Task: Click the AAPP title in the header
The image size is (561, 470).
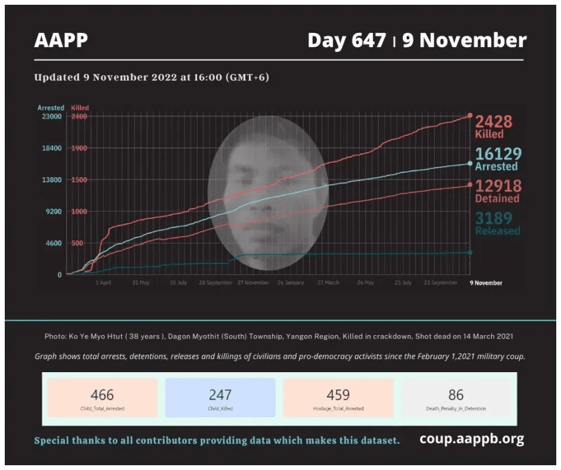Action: tap(61, 40)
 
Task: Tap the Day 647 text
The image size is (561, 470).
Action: tap(346, 40)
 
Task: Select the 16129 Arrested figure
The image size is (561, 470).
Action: tap(498, 159)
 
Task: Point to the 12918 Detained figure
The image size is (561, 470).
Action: tap(498, 191)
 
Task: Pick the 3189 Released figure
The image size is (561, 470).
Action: tap(498, 223)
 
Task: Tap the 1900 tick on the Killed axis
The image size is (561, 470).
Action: tap(79, 148)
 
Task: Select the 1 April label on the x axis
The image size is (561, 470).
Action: tap(104, 283)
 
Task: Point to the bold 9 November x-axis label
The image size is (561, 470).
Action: tap(486, 283)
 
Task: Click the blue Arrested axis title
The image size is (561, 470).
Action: tap(51, 107)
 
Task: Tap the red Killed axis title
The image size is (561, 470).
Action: tap(80, 107)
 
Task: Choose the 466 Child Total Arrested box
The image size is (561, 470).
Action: tap(103, 397)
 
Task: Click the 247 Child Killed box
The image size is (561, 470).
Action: tap(220, 397)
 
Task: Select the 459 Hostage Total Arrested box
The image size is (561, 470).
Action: tap(338, 397)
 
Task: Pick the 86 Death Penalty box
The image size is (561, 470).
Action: tap(456, 397)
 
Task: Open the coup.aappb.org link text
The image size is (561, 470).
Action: tap(471, 439)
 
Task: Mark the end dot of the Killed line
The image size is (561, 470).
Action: tap(470, 116)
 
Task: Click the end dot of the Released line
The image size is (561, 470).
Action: tap(470, 252)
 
